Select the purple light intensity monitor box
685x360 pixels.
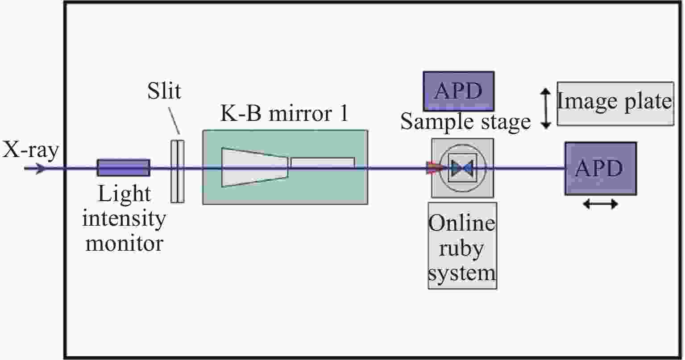tap(124, 167)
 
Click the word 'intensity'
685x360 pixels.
tap(124, 219)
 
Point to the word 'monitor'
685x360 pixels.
tap(124, 244)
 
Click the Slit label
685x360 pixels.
tap(164, 91)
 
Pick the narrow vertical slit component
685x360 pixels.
tap(178, 172)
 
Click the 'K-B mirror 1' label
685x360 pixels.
tap(284, 115)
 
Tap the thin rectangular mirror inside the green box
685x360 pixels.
tap(323, 162)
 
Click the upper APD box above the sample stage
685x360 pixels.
tap(458, 91)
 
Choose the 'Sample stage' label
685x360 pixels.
tap(465, 121)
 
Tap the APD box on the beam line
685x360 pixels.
tap(600, 169)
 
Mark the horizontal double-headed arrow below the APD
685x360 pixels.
tap(600, 204)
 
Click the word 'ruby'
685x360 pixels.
tap(462, 247)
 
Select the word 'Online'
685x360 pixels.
tap(462, 223)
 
